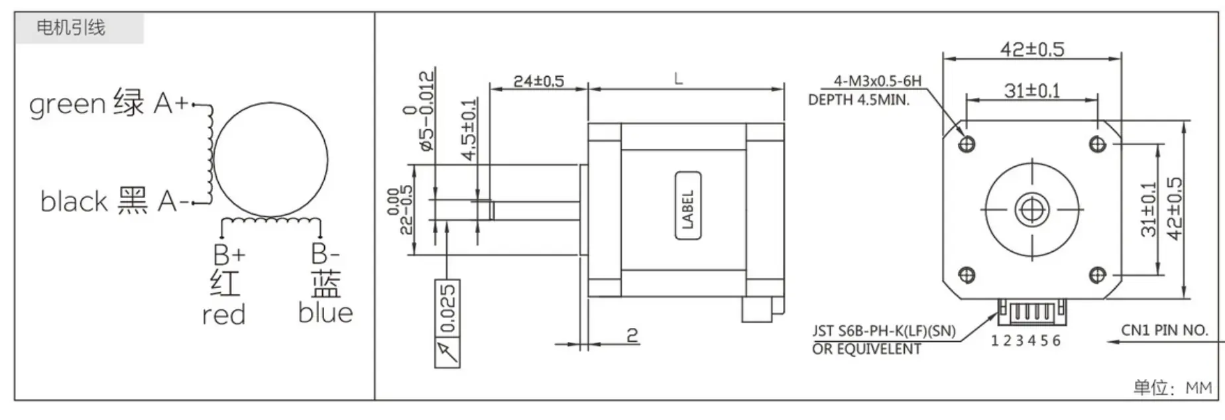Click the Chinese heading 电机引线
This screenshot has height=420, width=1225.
[x=70, y=28]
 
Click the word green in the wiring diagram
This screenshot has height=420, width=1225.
[x=67, y=105]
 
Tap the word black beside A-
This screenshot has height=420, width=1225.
[x=74, y=201]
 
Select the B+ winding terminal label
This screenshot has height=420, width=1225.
[x=229, y=254]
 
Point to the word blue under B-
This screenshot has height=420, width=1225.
[x=325, y=313]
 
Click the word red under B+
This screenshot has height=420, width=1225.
[x=223, y=315]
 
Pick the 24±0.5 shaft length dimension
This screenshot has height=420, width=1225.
[x=538, y=81]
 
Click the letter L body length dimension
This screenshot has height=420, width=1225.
[x=678, y=79]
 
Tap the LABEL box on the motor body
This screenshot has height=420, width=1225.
[x=687, y=205]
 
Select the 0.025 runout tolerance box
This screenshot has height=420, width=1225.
[x=447, y=308]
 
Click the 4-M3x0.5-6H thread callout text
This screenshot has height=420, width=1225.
[x=877, y=81]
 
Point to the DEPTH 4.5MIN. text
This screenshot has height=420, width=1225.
[x=858, y=100]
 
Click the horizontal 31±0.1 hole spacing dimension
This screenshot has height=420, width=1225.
[x=1031, y=91]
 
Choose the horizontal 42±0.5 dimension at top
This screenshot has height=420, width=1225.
[x=1031, y=49]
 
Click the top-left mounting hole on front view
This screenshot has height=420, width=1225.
[x=967, y=143]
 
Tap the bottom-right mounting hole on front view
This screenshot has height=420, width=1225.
[x=1098, y=274]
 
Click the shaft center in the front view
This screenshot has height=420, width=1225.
[x=1032, y=210]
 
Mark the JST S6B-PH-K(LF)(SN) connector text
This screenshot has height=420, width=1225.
[x=884, y=331]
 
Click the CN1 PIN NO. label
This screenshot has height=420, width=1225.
[x=1164, y=330]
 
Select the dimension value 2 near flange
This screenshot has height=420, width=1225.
[x=632, y=335]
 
